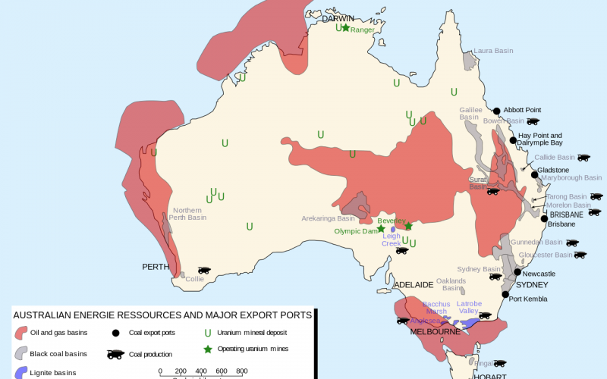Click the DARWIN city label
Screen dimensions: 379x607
coord(338,19)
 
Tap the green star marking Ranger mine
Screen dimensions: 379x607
coord(345,28)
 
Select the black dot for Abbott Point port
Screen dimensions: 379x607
coord(497,111)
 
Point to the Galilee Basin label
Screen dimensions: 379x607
coord(470,114)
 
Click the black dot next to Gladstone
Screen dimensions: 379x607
coord(534,175)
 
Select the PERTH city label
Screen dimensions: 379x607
coord(156,267)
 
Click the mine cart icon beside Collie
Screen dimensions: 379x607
coord(203,270)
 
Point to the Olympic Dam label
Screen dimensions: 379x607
coord(355,231)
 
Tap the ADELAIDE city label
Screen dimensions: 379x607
coord(413,284)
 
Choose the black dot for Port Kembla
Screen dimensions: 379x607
coord(505,295)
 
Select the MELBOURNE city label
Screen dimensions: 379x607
coord(435,332)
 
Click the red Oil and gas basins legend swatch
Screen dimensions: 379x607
coord(22,333)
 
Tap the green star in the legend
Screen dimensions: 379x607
coord(207,349)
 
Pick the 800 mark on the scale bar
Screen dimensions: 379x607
coord(241,371)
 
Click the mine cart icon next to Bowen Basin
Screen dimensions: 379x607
coord(533,121)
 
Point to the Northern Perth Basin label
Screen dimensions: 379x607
coord(187,214)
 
